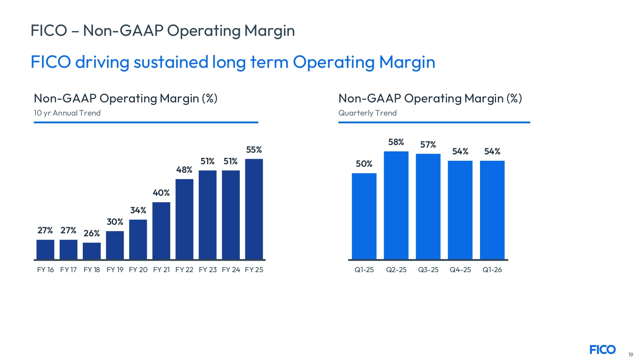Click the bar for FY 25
(254, 209)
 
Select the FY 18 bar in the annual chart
(92, 251)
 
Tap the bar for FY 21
(161, 230)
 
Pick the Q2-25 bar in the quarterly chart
(396, 205)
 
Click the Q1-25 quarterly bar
(364, 216)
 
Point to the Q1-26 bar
(492, 210)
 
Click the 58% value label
(396, 142)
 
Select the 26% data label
(92, 233)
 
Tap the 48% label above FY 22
(184, 170)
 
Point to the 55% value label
(254, 150)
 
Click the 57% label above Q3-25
(428, 145)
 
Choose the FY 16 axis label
(45, 270)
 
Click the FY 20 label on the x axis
(138, 270)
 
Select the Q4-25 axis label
(460, 270)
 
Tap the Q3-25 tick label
(428, 270)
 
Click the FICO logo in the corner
(602, 350)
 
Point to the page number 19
(631, 354)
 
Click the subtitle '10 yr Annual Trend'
(67, 113)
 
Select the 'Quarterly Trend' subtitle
(367, 113)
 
